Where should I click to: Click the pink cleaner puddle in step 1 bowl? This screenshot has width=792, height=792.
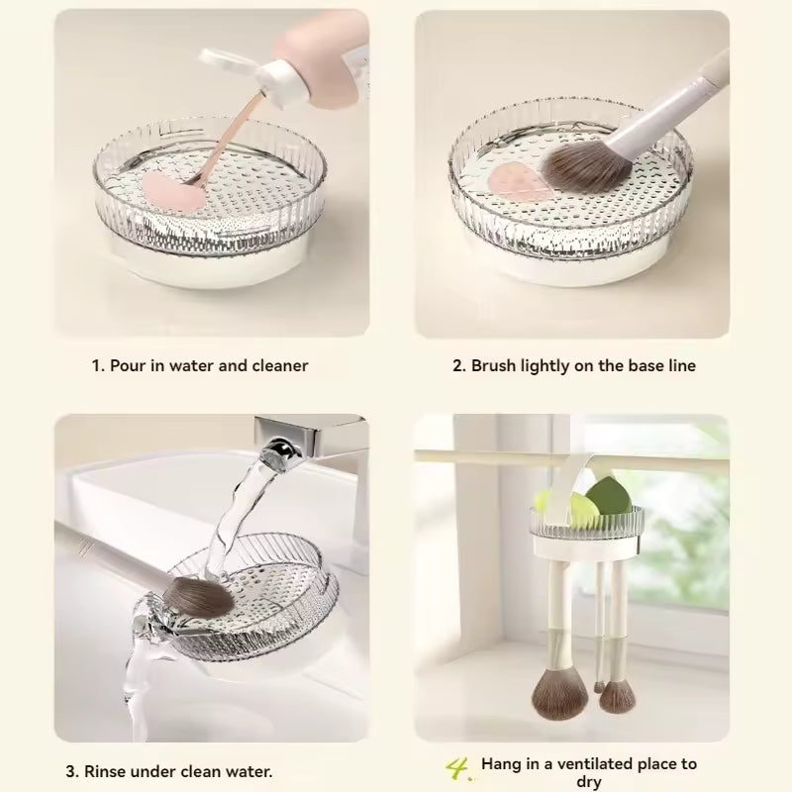tap(174, 192)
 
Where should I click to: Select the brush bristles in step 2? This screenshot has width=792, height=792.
tap(586, 165)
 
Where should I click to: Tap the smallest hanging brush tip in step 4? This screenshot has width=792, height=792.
tap(599, 686)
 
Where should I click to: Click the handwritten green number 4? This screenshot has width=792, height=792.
tap(458, 769)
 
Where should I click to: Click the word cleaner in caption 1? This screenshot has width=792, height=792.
tap(280, 365)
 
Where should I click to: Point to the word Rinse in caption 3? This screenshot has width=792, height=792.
tap(105, 771)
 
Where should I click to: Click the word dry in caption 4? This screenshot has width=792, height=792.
tap(588, 782)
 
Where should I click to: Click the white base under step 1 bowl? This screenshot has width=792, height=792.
tap(212, 262)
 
